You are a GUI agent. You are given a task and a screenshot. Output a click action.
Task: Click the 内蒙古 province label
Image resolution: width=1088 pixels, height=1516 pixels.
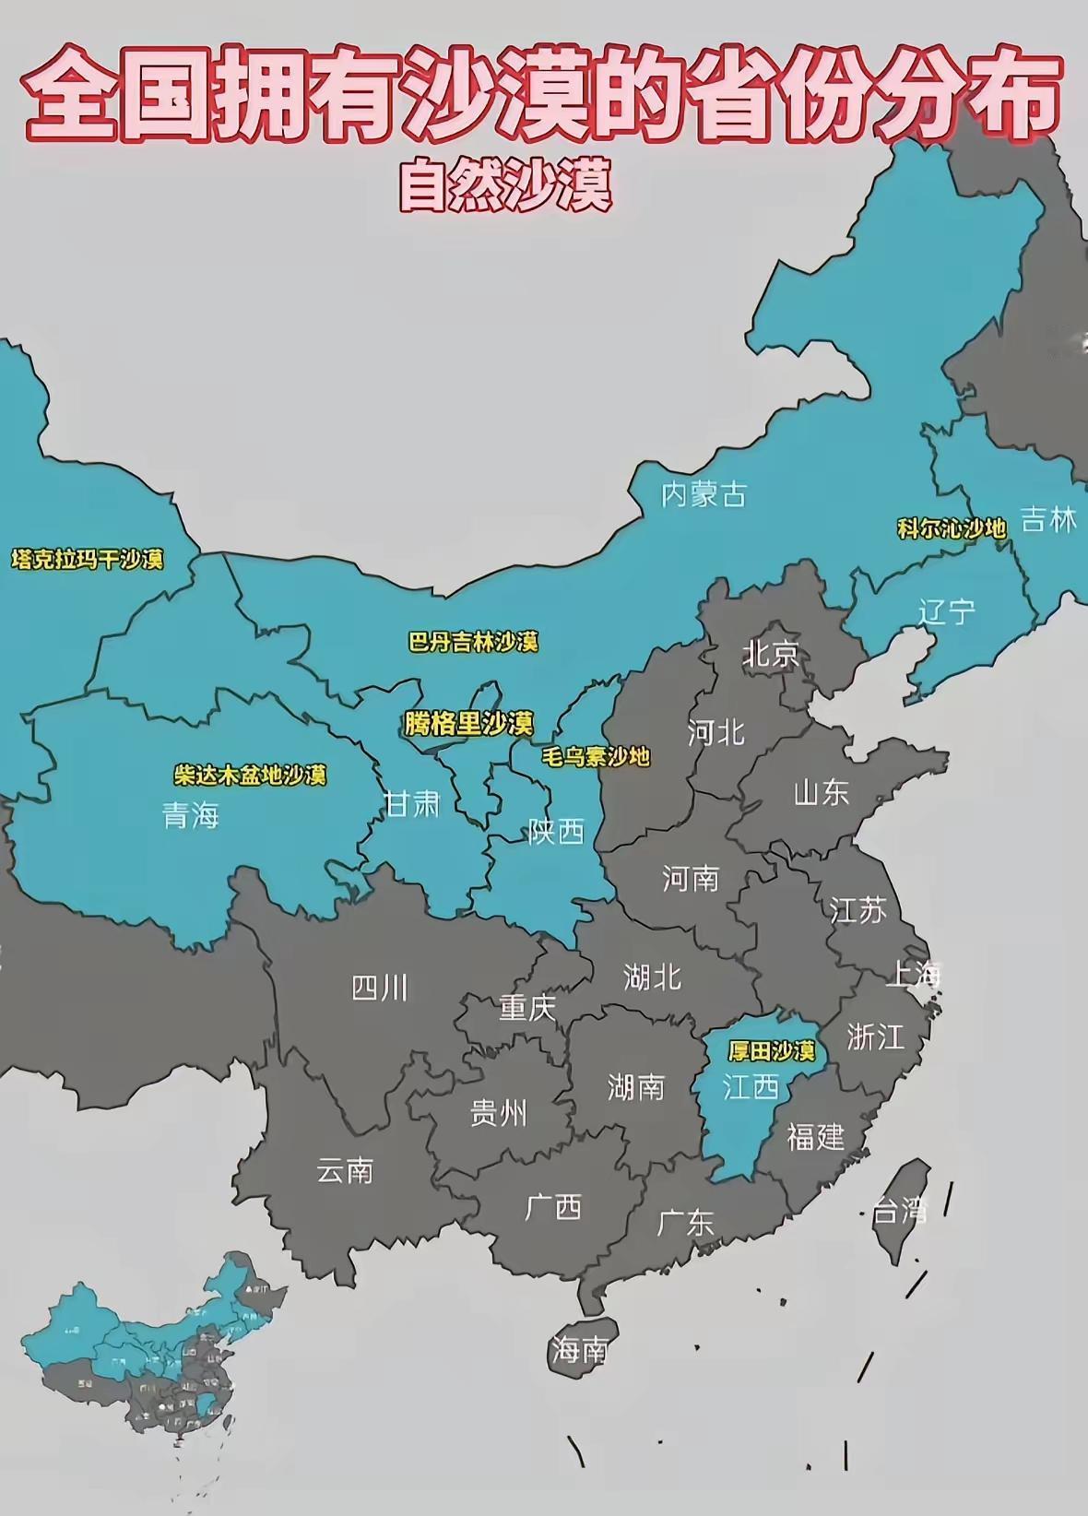704,495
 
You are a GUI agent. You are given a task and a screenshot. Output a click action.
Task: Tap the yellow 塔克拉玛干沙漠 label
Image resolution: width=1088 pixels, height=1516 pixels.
88,560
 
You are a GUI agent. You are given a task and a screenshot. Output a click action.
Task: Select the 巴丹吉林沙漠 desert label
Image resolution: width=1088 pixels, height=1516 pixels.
473,642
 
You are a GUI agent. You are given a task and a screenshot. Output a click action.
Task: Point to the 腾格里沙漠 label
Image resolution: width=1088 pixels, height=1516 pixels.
468,724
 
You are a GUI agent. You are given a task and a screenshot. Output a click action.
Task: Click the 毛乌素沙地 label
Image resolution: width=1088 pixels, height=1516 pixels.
596,757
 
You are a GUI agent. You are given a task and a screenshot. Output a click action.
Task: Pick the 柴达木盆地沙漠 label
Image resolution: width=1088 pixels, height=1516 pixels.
250,775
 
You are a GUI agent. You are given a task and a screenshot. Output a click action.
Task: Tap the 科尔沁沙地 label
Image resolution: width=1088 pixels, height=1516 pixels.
952,528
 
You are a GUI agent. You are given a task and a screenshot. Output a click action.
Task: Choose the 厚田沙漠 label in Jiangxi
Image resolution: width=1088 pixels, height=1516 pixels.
771,1051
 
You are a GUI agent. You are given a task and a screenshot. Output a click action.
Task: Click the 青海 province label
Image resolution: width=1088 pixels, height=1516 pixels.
191,815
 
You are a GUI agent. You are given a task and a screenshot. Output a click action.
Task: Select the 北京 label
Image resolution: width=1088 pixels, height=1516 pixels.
771,655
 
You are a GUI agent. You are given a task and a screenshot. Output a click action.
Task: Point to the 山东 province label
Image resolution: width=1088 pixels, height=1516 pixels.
821,792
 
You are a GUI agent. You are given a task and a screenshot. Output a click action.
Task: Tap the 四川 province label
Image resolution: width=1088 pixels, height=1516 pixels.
379,989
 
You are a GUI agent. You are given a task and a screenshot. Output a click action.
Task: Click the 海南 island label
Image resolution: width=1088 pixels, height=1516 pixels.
579,1351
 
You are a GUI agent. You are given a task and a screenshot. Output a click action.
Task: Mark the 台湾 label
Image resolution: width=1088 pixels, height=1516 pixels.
899,1210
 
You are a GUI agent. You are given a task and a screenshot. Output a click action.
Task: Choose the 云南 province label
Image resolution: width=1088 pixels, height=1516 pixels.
344,1171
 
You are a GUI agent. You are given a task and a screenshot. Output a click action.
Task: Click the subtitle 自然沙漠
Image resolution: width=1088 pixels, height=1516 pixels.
505,187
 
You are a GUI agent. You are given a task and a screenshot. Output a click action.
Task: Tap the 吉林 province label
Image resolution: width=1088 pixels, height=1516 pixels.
1049,520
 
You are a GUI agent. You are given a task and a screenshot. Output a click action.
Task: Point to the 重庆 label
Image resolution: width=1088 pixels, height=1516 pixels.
526,1008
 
